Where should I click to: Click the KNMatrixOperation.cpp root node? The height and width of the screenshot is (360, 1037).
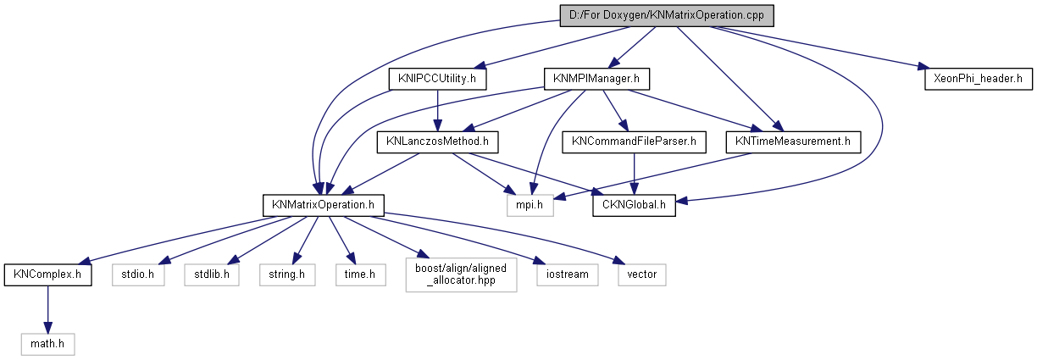click(666, 15)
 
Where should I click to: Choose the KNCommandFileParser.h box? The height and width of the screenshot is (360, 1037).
click(634, 141)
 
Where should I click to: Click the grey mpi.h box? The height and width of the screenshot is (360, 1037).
click(530, 204)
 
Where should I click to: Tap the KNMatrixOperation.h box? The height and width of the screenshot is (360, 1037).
click(324, 204)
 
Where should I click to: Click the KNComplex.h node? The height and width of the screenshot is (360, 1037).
click(47, 274)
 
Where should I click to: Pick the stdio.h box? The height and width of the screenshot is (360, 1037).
click(139, 274)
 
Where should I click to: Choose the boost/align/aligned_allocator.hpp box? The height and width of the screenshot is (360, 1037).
click(461, 274)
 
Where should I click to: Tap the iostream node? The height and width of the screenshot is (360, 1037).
click(567, 274)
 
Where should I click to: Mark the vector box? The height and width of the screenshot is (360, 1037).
click(641, 274)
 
